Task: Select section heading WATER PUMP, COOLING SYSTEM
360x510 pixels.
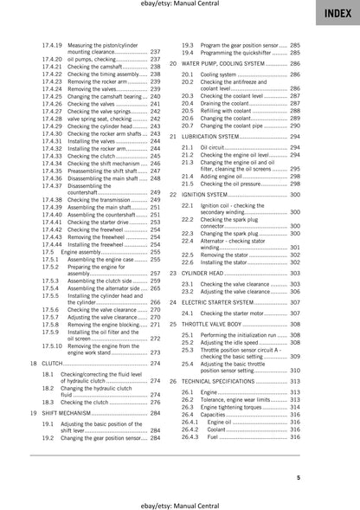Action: pos(225,64)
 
